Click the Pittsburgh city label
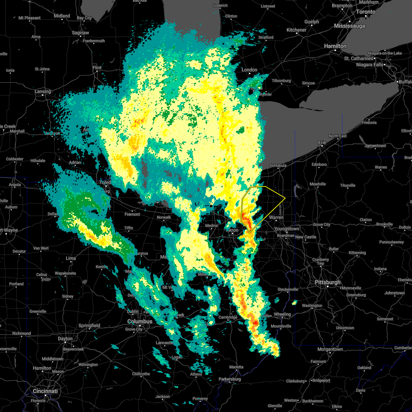point(328,282)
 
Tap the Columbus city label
point(140,321)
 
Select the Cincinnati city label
point(45,391)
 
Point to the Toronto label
point(365,12)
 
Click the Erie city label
point(322,142)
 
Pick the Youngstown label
point(287,229)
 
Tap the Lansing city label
point(43,92)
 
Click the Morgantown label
point(330,349)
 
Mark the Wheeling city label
point(282,314)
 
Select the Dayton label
point(65,339)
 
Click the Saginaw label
point(81,33)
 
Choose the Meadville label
point(318,184)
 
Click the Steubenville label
point(288,289)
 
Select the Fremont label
point(132,214)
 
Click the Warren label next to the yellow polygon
point(276,217)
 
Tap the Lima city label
point(70,258)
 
